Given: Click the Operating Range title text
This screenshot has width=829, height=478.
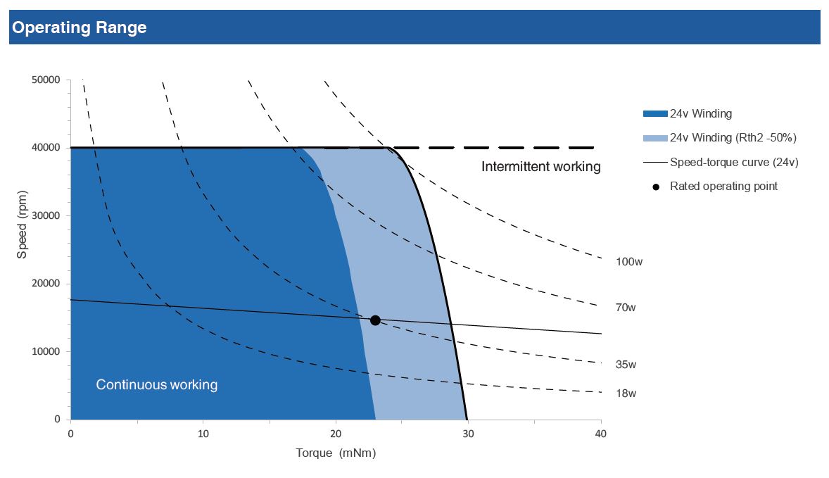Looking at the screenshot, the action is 80,27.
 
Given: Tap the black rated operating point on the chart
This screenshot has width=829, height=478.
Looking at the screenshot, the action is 375,320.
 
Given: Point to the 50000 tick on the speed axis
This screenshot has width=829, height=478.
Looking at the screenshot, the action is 46,80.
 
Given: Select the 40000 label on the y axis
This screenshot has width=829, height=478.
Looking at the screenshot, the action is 46,148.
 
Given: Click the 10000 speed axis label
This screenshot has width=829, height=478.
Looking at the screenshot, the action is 46,351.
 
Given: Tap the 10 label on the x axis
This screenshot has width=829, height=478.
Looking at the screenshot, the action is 203,434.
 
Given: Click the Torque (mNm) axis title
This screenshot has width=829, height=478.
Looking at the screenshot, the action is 336,453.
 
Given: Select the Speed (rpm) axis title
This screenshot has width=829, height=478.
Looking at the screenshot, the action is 22,224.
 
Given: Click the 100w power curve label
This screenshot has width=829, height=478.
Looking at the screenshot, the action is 629,262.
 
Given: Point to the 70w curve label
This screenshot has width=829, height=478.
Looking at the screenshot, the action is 626,308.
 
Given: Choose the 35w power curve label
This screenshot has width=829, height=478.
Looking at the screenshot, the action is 626,365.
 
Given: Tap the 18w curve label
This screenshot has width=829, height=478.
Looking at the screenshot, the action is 626,394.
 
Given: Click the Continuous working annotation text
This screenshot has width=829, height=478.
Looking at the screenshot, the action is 156,384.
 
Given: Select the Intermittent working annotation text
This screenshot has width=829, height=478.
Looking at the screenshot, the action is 541,167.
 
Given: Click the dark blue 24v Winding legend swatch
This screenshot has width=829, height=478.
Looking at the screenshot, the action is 655,113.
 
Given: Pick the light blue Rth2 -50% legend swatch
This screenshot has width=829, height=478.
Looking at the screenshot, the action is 655,138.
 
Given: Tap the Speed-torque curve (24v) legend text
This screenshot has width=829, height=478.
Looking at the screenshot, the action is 734,163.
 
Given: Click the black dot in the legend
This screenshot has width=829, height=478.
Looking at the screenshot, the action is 656,187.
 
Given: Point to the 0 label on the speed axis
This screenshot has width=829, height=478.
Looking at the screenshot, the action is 57,420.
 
